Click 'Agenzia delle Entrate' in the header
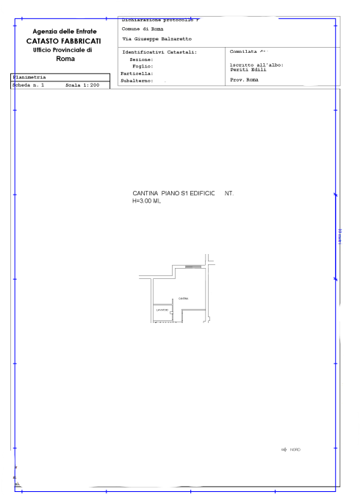[66, 31]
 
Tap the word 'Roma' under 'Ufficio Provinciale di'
[65, 58]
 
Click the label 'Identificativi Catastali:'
[159, 52]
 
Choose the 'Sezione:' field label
[142, 59]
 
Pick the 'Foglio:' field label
[143, 66]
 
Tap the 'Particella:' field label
[137, 73]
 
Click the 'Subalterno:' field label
[137, 81]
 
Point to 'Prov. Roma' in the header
[244, 79]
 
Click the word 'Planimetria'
[29, 76]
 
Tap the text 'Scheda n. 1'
[29, 85]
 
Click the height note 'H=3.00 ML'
[146, 200]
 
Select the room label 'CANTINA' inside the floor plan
[183, 298]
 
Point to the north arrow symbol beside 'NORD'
[284, 449]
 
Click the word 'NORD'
[295, 449]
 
